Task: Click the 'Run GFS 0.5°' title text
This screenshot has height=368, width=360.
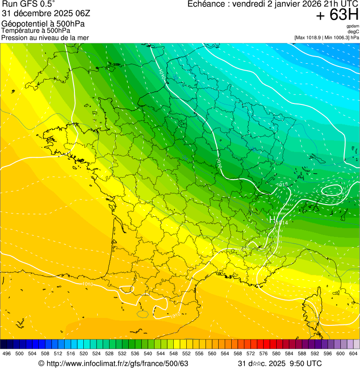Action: click(x=29, y=4)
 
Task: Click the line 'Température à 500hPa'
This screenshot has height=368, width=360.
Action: click(x=36, y=30)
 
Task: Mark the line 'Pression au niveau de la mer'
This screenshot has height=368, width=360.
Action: click(x=45, y=37)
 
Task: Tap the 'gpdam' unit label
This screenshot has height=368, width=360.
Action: click(x=353, y=26)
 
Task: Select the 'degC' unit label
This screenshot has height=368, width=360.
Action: click(x=353, y=31)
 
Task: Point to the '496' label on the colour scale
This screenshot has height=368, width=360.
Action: click(x=7, y=353)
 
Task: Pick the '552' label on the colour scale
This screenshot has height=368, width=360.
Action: click(x=186, y=353)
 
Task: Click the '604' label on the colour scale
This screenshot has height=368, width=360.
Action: click(x=353, y=353)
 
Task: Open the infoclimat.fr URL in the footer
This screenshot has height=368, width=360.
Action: click(x=117, y=363)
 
